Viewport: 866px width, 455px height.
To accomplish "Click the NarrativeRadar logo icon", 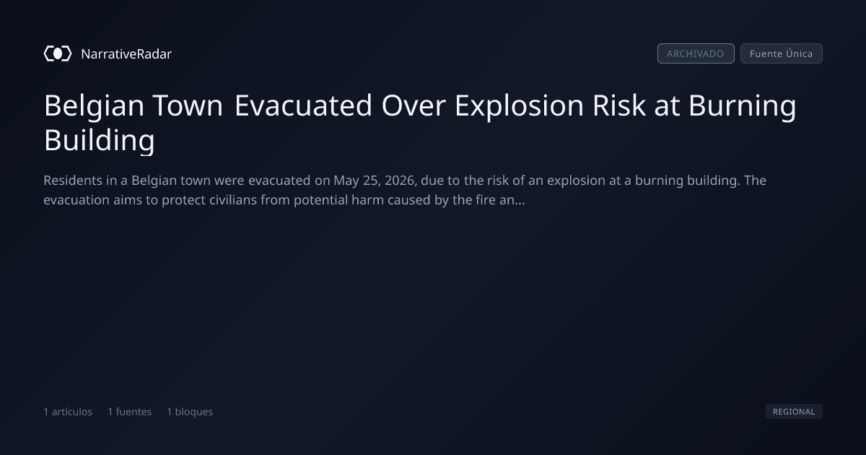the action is [58, 53].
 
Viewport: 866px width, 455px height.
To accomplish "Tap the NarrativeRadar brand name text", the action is [126, 54].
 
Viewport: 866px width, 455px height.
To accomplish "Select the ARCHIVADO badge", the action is [696, 53].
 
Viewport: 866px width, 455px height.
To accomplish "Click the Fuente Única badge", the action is [782, 53].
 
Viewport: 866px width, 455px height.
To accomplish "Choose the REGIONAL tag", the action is [794, 412].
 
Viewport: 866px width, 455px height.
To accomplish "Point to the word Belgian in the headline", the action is [94, 106].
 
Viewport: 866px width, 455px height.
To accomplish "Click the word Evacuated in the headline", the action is [303, 105].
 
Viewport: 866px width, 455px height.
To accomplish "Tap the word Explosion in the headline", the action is [519, 106].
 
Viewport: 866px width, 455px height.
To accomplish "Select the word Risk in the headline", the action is [619, 105].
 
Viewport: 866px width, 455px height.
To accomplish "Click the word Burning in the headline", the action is [743, 106].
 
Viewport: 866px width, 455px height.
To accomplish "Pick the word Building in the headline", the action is [100, 140].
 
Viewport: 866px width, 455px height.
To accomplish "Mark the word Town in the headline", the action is [188, 105].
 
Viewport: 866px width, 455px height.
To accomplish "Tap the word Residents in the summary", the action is [73, 181].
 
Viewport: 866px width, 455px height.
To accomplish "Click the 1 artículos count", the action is [68, 412].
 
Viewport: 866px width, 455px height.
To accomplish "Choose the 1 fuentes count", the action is [129, 412].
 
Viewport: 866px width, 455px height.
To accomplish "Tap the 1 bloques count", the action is [190, 412].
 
